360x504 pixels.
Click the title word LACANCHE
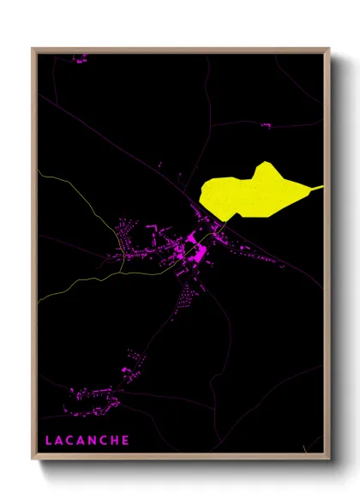(x=87, y=441)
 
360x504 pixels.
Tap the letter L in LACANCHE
(x=49, y=441)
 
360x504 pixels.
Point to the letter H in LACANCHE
(x=116, y=441)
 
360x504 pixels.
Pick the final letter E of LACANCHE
(x=127, y=441)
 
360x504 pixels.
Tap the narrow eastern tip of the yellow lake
(x=320, y=187)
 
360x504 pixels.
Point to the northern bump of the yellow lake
(x=266, y=165)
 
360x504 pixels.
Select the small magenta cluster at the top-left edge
(x=81, y=60)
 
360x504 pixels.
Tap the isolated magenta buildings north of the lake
(x=265, y=126)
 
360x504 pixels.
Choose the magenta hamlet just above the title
(x=94, y=395)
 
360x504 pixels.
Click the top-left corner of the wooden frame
(x=33, y=49)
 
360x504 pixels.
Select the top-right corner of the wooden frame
(x=329, y=49)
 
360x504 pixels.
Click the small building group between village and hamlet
(x=132, y=360)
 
